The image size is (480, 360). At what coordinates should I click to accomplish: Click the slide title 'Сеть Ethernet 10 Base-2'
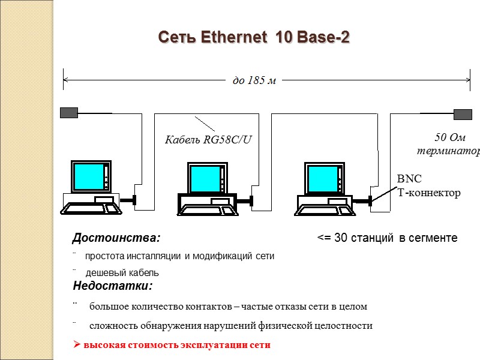point(254,38)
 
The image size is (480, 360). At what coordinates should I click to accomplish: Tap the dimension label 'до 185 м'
point(254,80)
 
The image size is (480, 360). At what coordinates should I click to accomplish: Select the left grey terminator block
point(69,112)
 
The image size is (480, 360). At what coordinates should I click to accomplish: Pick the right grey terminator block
point(463,114)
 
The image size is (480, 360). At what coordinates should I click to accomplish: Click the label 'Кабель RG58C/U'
point(208,140)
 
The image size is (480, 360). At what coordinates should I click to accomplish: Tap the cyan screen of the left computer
point(87,175)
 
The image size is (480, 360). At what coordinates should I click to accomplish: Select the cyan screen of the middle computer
point(205,178)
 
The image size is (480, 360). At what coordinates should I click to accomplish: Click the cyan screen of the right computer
point(322,178)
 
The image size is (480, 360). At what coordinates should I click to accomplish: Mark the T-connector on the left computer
point(134,200)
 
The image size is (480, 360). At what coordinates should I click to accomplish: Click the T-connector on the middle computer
point(252,200)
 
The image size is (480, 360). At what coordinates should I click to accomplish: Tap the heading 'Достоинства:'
point(116,238)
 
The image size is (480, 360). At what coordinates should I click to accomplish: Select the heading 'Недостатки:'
point(113,285)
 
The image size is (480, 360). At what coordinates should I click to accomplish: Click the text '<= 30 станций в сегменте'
point(387,238)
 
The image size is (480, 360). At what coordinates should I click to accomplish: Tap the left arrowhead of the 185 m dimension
point(65,79)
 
